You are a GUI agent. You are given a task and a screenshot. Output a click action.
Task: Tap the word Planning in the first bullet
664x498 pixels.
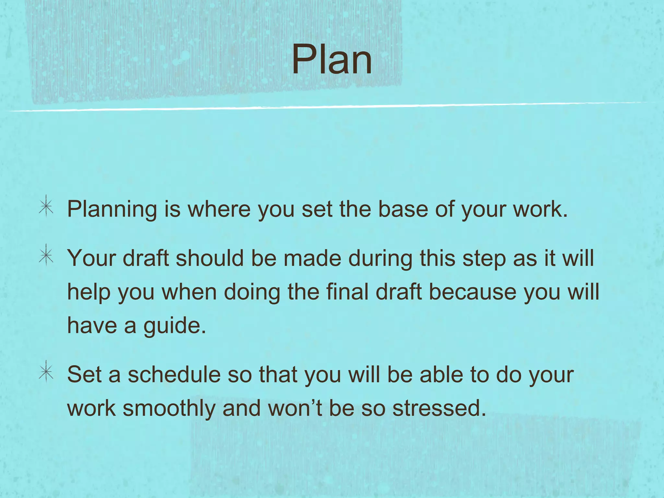click(112, 209)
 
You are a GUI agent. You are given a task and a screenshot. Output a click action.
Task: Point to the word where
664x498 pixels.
click(219, 209)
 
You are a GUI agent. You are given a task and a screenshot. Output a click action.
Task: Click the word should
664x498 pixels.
click(209, 258)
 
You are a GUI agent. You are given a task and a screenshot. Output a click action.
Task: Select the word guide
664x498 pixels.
click(175, 326)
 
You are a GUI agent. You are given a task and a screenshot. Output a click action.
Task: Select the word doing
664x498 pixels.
click(252, 292)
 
